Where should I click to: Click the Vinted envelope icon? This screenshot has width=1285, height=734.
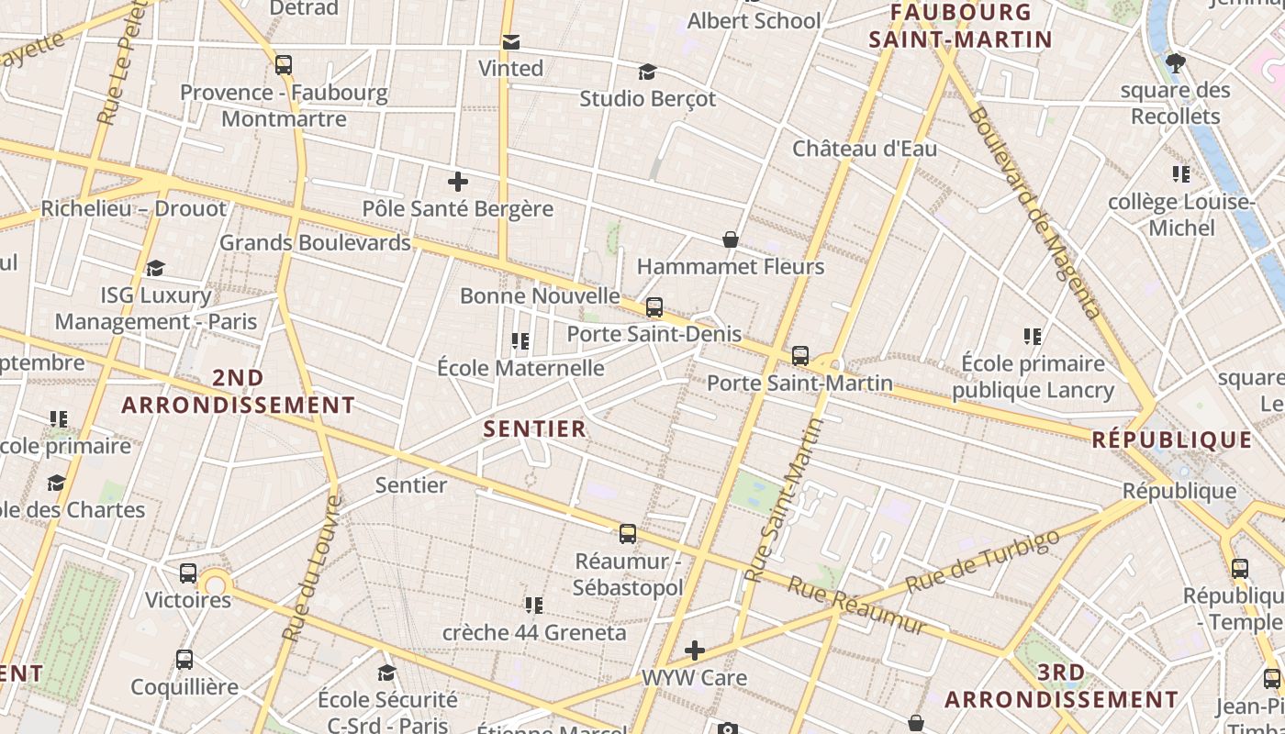click(511, 42)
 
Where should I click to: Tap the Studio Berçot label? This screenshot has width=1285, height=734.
click(647, 98)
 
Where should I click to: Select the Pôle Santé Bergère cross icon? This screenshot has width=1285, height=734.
click(457, 182)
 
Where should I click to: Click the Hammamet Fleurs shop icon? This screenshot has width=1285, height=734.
click(731, 240)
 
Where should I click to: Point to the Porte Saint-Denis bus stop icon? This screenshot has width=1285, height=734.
click(654, 307)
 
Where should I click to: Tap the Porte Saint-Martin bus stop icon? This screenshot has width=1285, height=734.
click(800, 356)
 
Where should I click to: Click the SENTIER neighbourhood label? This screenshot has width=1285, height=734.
click(534, 428)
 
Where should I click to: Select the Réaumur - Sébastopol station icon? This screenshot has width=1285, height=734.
click(628, 534)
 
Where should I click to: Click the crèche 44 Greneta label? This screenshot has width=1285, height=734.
click(534, 632)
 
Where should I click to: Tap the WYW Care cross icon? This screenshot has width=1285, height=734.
click(695, 651)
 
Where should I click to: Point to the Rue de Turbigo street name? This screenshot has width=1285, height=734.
click(982, 561)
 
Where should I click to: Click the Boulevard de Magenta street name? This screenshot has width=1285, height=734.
click(1034, 213)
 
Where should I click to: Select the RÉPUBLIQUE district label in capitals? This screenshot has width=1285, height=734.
click(1172, 439)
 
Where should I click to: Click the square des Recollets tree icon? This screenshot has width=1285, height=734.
click(1176, 63)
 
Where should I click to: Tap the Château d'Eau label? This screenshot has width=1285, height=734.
click(865, 149)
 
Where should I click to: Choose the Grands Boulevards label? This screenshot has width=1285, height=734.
click(315, 243)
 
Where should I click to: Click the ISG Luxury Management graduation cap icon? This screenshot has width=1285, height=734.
click(156, 269)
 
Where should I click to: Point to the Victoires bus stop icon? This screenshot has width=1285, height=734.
click(188, 573)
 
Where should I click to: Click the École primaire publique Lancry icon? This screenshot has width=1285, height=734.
click(1033, 338)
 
